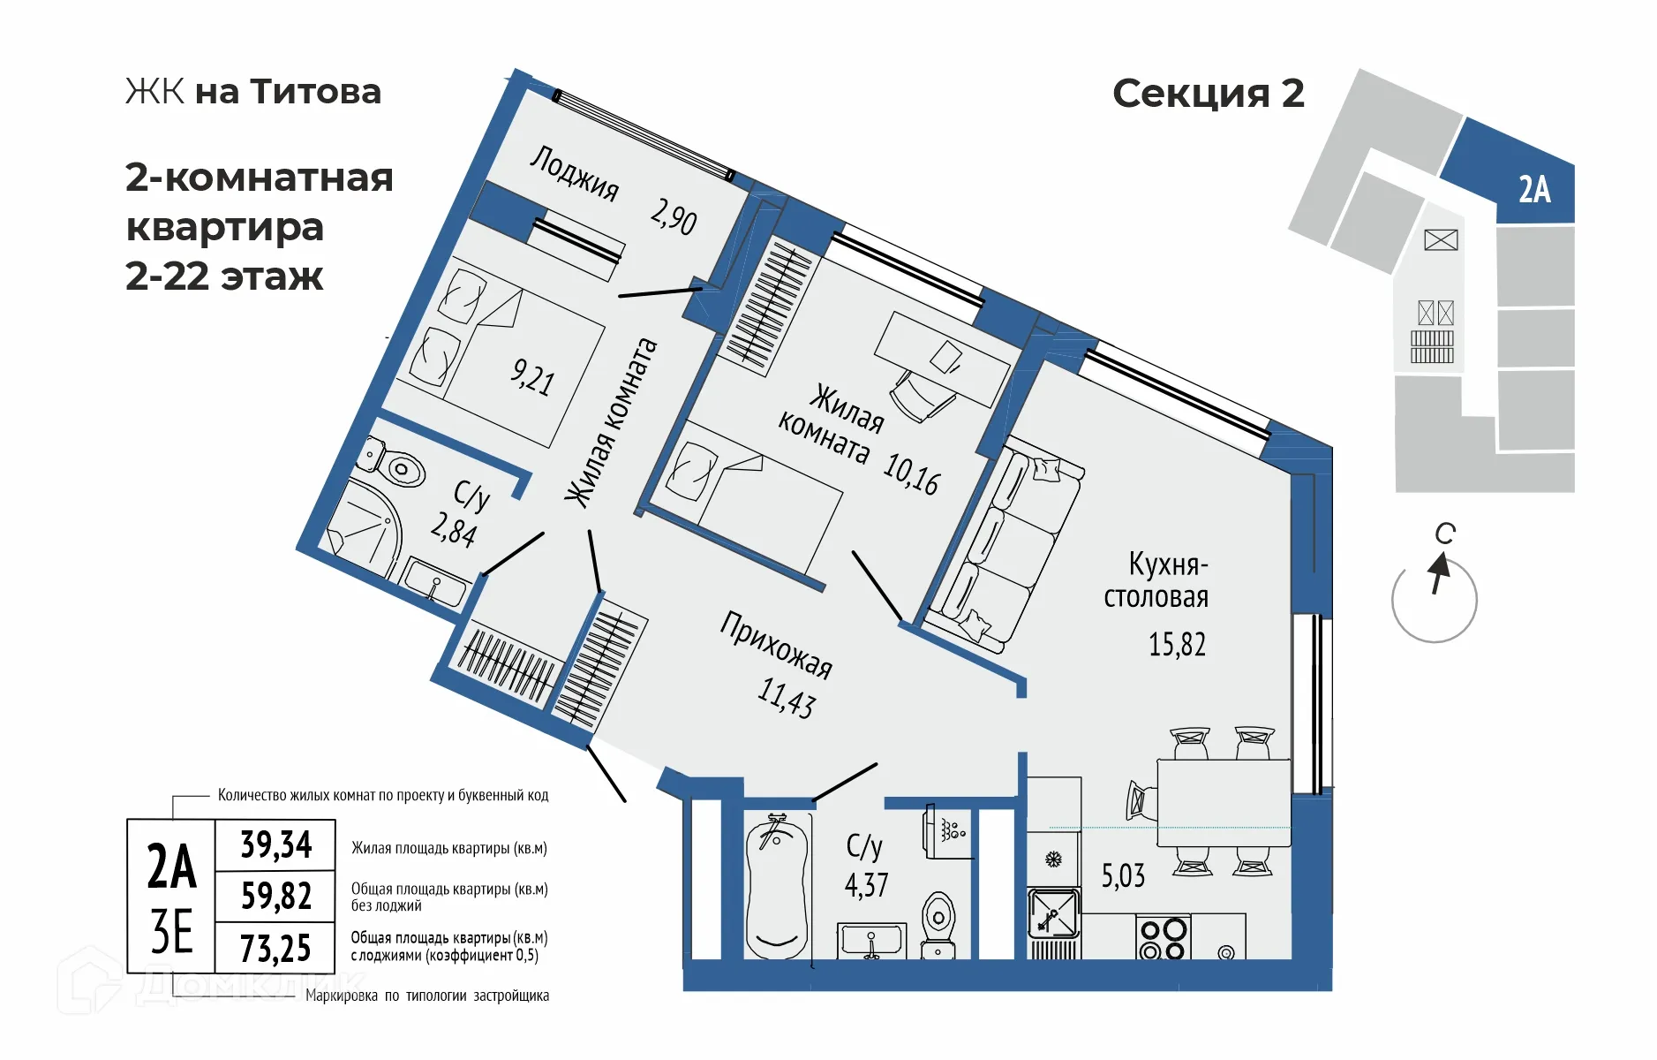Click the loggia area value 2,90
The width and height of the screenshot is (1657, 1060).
tap(674, 216)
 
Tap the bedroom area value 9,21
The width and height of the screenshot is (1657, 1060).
tap(532, 377)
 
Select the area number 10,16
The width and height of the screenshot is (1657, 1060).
tap(911, 473)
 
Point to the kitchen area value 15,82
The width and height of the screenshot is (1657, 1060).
tap(1177, 645)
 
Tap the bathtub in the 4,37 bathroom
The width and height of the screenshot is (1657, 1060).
tap(777, 888)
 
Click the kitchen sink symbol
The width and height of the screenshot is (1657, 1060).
tap(1053, 913)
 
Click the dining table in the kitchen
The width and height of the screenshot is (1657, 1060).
tap(1224, 802)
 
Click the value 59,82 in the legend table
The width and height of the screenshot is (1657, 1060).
tap(276, 897)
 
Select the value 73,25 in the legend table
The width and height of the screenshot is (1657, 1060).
tap(275, 949)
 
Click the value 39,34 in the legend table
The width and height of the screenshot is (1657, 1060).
tap(276, 845)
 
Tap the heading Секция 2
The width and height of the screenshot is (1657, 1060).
tap(1208, 94)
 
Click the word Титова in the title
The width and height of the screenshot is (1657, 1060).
tap(315, 92)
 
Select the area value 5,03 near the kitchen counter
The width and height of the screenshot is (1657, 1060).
tap(1123, 876)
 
